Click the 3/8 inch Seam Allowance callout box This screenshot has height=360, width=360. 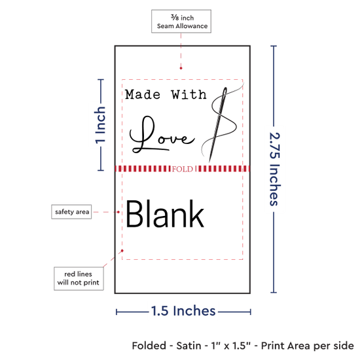(181, 21)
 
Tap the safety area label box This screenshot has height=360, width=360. (71, 211)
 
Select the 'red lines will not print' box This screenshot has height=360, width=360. (79, 278)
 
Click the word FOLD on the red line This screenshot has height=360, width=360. (183, 170)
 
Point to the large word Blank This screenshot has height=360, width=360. (165, 214)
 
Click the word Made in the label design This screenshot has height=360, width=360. (143, 95)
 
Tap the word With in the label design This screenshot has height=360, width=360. (189, 95)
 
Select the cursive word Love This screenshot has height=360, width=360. (162, 135)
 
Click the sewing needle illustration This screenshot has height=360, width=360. (218, 124)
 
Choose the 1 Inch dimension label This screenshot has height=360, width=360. (100, 125)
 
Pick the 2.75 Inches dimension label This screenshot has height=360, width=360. (274, 169)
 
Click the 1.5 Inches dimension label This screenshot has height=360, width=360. (183, 311)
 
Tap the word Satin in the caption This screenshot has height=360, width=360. (189, 346)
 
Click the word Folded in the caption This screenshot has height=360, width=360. (149, 346)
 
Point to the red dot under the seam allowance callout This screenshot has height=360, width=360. (181, 68)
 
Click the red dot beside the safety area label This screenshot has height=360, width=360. (118, 212)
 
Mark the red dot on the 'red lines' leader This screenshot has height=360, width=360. (122, 251)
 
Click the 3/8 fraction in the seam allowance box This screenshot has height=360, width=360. (175, 17)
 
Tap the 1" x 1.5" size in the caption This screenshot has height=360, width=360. (231, 346)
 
